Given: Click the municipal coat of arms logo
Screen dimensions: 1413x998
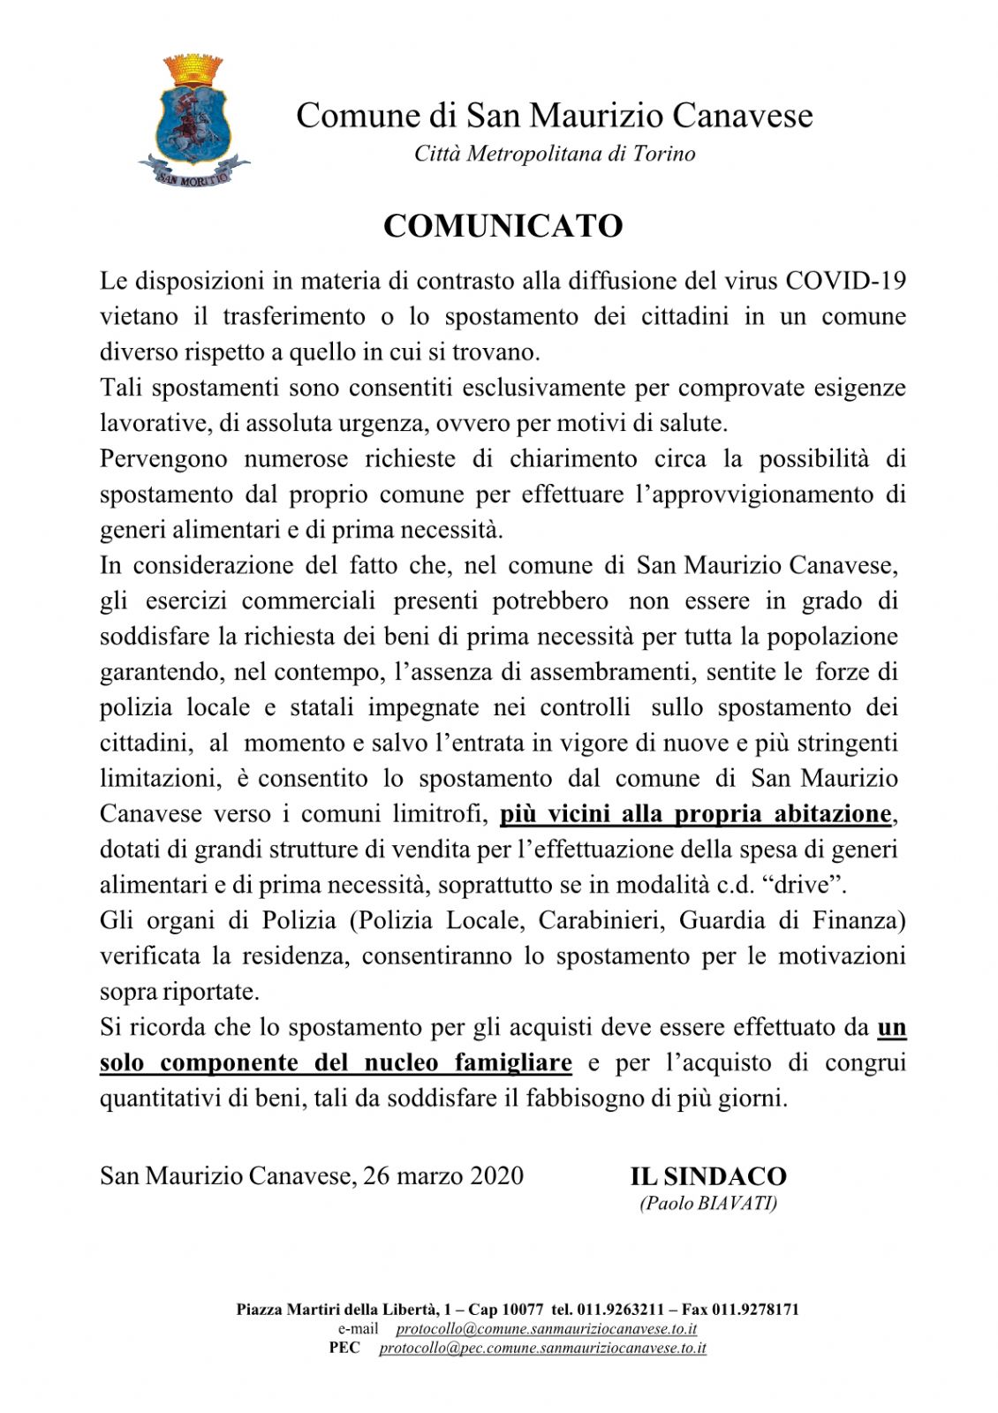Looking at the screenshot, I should [193, 121].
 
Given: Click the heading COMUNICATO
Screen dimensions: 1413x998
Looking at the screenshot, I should [503, 226].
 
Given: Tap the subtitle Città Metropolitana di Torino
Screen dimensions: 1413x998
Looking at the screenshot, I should [555, 154].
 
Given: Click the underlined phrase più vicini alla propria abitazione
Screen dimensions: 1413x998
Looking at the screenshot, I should [696, 813].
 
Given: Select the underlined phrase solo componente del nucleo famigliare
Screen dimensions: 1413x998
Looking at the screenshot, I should [336, 1062].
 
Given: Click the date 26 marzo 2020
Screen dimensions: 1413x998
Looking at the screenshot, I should [442, 1175].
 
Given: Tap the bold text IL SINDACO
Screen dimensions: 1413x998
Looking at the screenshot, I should [708, 1176].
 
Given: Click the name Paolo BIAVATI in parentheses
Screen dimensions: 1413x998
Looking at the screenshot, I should [708, 1203].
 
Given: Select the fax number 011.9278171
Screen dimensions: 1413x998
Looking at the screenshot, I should [755, 1309].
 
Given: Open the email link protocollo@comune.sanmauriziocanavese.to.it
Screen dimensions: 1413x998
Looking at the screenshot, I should [547, 1328].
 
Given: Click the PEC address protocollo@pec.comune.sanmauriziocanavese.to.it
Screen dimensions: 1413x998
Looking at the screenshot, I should [542, 1348].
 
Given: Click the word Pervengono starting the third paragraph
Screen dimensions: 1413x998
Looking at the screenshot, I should [163, 458].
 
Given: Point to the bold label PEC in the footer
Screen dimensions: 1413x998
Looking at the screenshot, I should [344, 1348].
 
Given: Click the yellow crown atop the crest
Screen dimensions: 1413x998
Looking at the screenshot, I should [193, 70].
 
